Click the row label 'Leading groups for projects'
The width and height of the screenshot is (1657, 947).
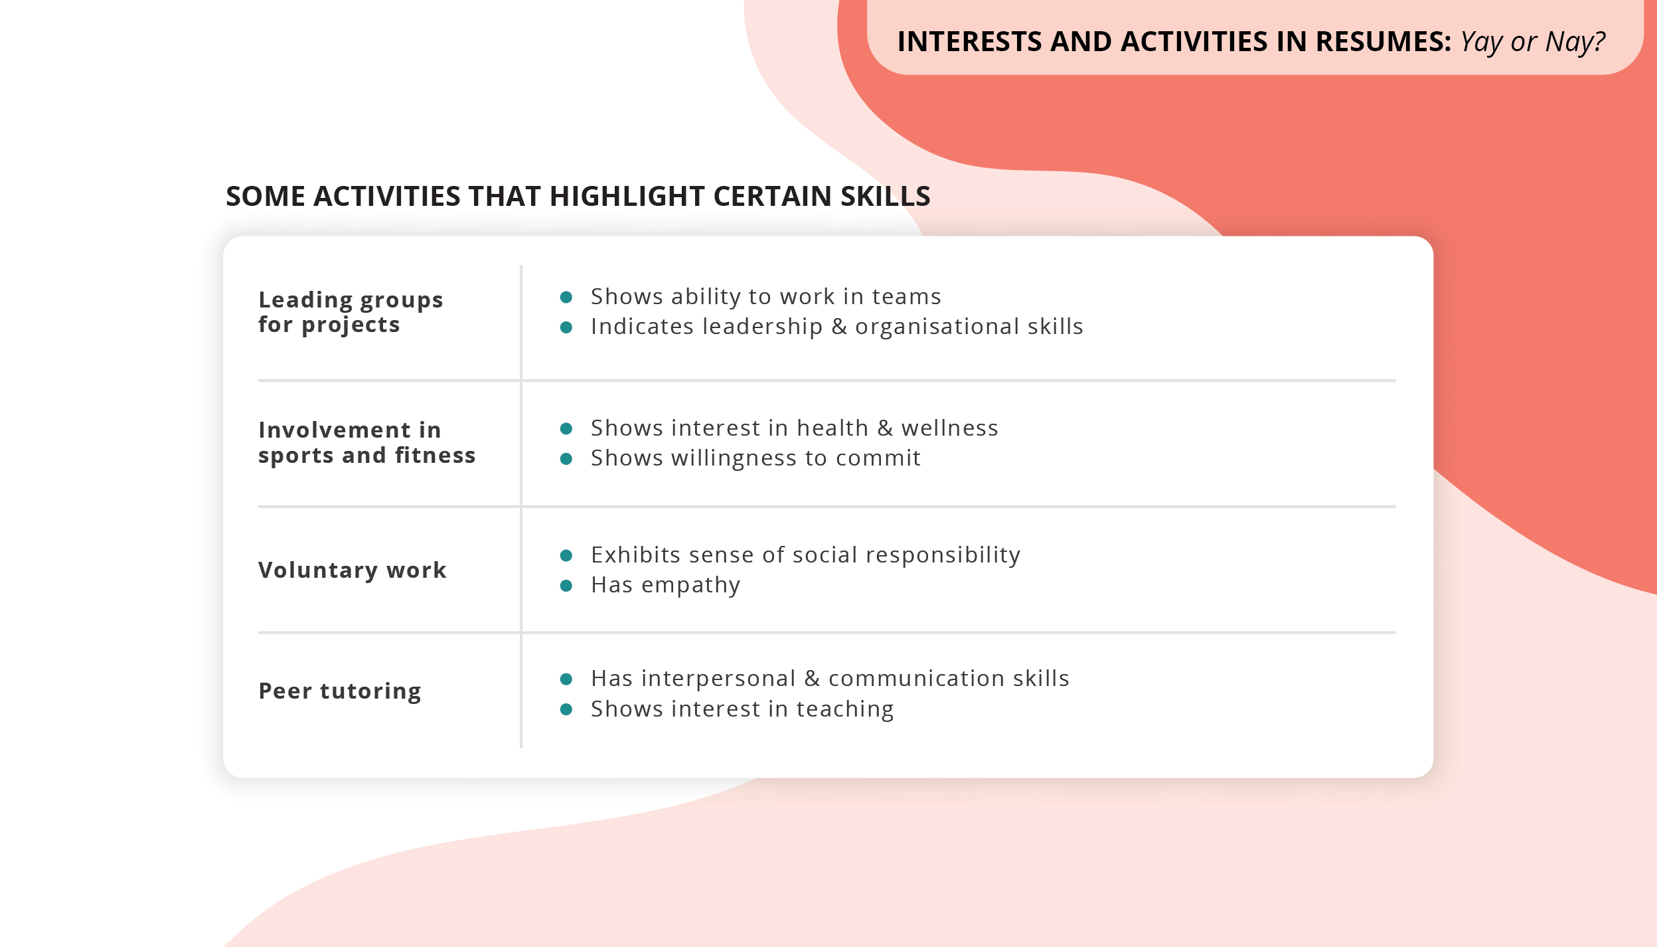pyautogui.click(x=350, y=312)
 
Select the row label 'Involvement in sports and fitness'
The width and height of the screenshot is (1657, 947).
pyautogui.click(x=366, y=442)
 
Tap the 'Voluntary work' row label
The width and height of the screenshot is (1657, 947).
pyautogui.click(x=352, y=570)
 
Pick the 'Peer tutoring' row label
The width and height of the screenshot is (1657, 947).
pyautogui.click(x=339, y=691)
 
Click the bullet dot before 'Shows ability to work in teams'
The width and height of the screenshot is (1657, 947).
pyautogui.click(x=566, y=297)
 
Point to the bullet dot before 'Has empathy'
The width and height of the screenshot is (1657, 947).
pyautogui.click(x=566, y=585)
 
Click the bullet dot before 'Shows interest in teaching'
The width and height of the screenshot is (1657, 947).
pyautogui.click(x=566, y=709)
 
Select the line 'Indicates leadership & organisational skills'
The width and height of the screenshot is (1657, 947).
pyautogui.click(x=836, y=327)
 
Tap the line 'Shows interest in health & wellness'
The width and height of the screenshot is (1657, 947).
pyautogui.click(x=794, y=428)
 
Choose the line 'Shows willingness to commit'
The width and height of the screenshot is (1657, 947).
pyautogui.click(x=755, y=458)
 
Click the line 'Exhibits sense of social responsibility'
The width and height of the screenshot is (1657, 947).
pyautogui.click(x=805, y=555)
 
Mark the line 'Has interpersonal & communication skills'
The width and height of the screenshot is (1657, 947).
pyautogui.click(x=830, y=679)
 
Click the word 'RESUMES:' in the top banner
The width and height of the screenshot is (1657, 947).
pyautogui.click(x=1383, y=42)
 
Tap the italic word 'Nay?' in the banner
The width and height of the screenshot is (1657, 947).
pyautogui.click(x=1575, y=43)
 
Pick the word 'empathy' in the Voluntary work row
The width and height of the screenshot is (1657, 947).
pyautogui.click(x=690, y=586)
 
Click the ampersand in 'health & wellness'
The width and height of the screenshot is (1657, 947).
pyautogui.click(x=885, y=428)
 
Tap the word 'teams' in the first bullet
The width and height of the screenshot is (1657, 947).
pyautogui.click(x=906, y=297)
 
